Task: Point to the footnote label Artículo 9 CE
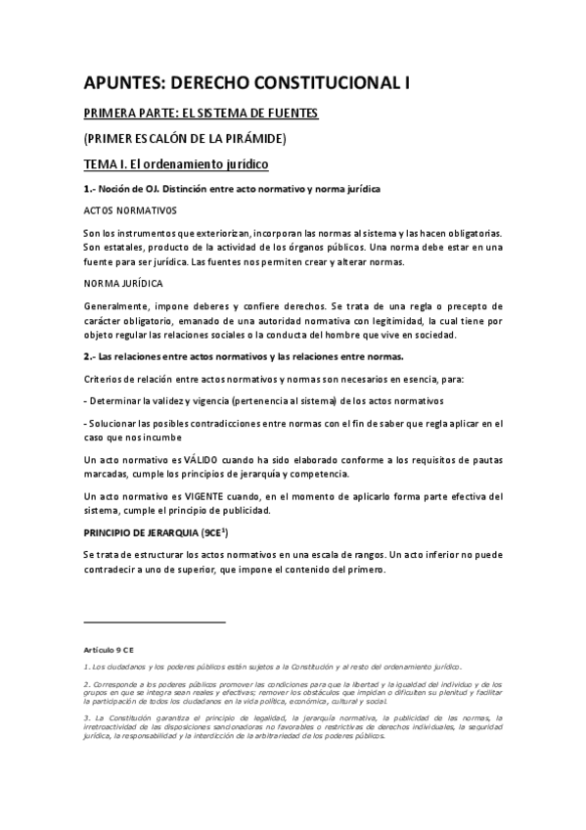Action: click(x=108, y=648)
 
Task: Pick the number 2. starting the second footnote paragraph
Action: click(x=86, y=682)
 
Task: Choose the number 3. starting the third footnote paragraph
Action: click(x=86, y=716)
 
